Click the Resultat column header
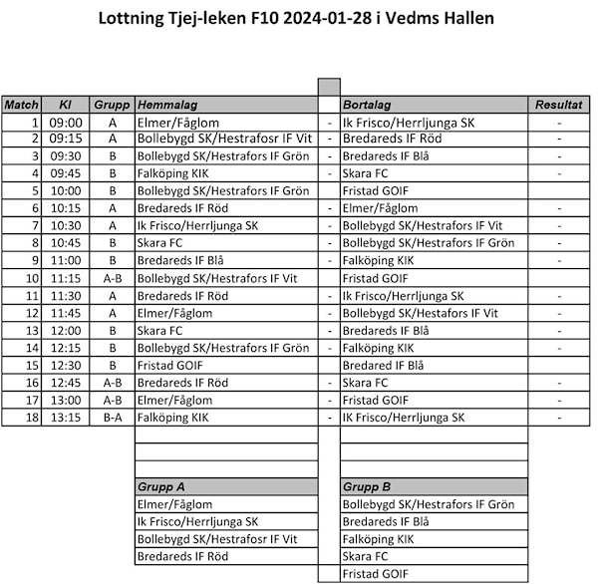pyautogui.click(x=558, y=105)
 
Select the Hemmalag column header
pyautogui.click(x=167, y=105)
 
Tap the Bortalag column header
pyautogui.click(x=367, y=105)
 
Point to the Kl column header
pyautogui.click(x=66, y=105)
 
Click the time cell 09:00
pyautogui.click(x=66, y=123)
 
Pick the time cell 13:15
pyautogui.click(x=66, y=418)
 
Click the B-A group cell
pyautogui.click(x=113, y=418)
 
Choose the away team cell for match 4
pyautogui.click(x=366, y=173)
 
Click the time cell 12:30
pyautogui.click(x=66, y=366)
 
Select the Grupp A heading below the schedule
pyautogui.click(x=160, y=487)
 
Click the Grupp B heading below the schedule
pyautogui.click(x=367, y=487)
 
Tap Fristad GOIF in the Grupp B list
pyautogui.click(x=376, y=574)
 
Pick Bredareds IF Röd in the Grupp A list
pyautogui.click(x=182, y=556)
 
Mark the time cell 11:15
pyautogui.click(x=66, y=279)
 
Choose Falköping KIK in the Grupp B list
pyautogui.click(x=378, y=539)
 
